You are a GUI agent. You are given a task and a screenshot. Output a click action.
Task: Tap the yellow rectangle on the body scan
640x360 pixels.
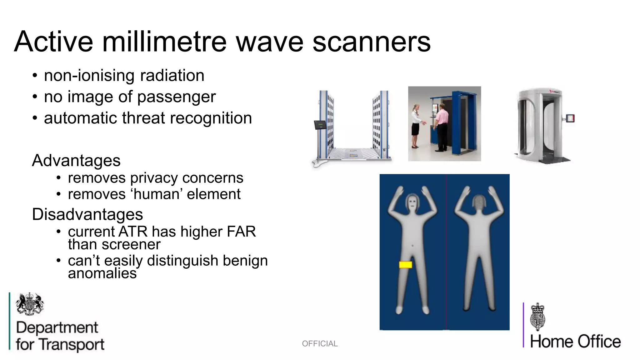[405, 265]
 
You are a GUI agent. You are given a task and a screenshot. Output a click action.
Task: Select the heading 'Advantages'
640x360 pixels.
[76, 161]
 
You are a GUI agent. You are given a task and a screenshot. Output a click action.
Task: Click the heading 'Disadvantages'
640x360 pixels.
[87, 214]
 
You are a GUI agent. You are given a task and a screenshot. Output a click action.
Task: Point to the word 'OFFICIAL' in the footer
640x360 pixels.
[320, 344]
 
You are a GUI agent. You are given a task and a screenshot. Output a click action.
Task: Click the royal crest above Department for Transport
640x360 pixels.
[30, 304]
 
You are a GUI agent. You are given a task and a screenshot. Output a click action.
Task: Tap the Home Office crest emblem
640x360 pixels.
[538, 317]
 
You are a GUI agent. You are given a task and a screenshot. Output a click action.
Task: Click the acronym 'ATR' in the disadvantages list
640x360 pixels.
[133, 232]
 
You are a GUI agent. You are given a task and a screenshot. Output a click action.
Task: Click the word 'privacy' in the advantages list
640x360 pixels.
[155, 178]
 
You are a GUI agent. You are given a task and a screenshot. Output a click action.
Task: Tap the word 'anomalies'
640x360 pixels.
[102, 273]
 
